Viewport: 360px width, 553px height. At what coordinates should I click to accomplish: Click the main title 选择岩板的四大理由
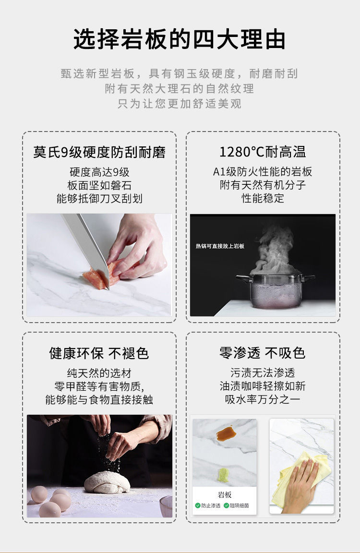180,39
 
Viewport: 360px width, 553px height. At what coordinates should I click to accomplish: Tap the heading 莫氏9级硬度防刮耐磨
99,152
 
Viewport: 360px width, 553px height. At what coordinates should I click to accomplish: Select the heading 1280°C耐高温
263,152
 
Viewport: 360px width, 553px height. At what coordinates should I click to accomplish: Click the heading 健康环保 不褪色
99,353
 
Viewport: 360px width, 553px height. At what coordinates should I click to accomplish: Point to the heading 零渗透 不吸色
263,353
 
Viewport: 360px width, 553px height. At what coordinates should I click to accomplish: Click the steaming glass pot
276,290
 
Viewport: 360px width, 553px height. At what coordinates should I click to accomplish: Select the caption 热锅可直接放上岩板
220,246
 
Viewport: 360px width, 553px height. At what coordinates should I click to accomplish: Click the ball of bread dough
107,482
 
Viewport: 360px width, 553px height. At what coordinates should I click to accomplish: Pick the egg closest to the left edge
39,494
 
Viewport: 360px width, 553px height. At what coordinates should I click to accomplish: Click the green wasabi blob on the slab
223,475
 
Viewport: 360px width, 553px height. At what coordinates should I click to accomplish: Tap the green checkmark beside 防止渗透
198,505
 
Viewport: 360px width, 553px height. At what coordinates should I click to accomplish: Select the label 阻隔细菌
239,505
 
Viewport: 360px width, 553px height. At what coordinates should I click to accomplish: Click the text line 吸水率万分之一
263,399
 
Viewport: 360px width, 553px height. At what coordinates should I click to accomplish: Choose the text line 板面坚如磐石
99,185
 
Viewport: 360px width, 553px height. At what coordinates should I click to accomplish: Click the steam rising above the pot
275,251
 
